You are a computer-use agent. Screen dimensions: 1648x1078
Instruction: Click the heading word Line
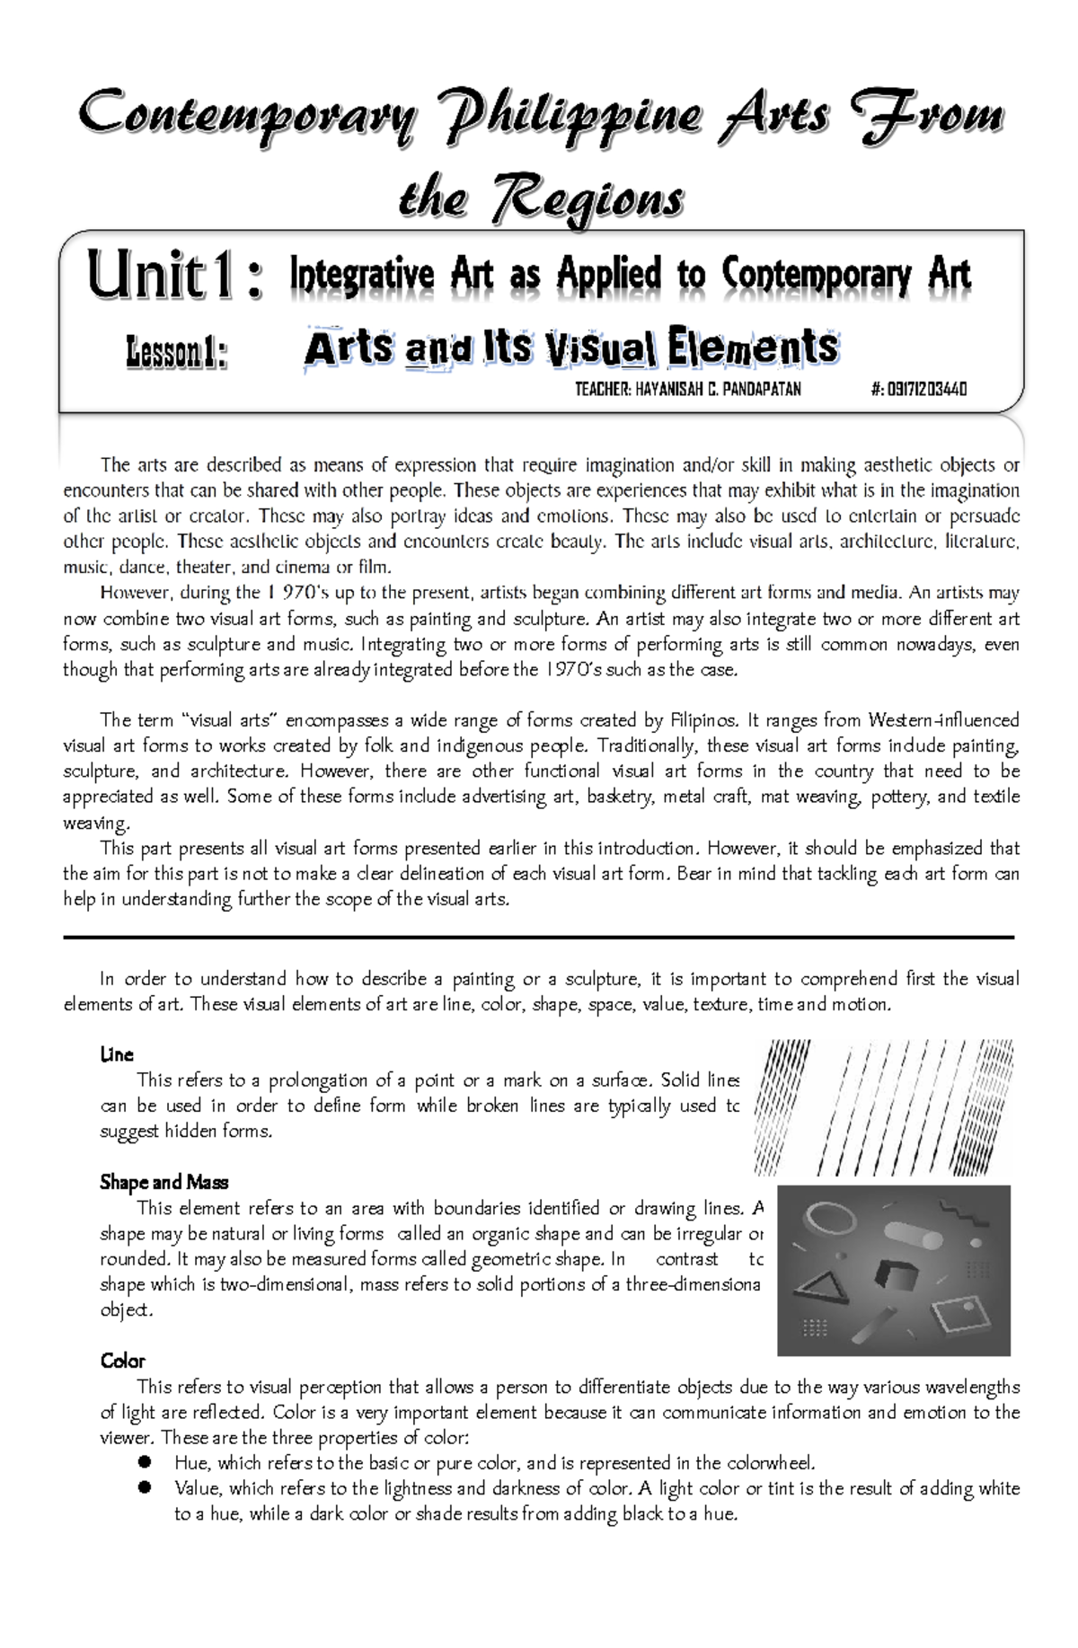[x=117, y=1054]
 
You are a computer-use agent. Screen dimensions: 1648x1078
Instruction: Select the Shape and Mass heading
[x=163, y=1182]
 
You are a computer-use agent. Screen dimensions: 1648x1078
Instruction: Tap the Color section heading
[x=122, y=1361]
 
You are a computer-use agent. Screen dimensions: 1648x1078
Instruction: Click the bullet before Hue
[x=143, y=1462]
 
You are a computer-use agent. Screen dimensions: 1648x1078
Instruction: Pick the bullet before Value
[x=143, y=1488]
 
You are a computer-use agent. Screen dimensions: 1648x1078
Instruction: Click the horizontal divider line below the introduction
[x=539, y=937]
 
